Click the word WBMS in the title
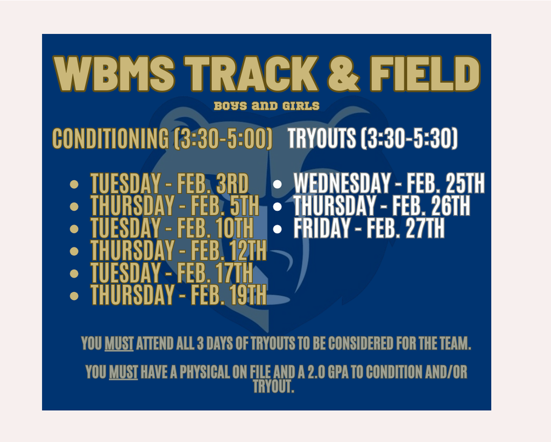coord(114,73)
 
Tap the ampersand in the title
coord(344,73)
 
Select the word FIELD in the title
coord(425,73)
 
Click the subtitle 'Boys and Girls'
coord(267,106)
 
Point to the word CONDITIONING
coord(111,138)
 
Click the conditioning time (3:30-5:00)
coord(223,138)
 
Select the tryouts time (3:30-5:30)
coord(409,138)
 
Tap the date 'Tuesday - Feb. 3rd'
coord(169,183)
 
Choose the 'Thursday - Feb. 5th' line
coord(175,205)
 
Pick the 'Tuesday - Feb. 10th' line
coord(172,228)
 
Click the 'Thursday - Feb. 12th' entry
coord(179,250)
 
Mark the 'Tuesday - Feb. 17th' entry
coord(172,273)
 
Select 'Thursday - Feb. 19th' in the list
coord(179,295)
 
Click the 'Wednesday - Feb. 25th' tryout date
coord(389,183)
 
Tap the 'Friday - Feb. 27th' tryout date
coord(369,228)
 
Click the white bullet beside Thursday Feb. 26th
coord(277,206)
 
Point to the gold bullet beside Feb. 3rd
coord(74,184)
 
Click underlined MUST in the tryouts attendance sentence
coord(119,344)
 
